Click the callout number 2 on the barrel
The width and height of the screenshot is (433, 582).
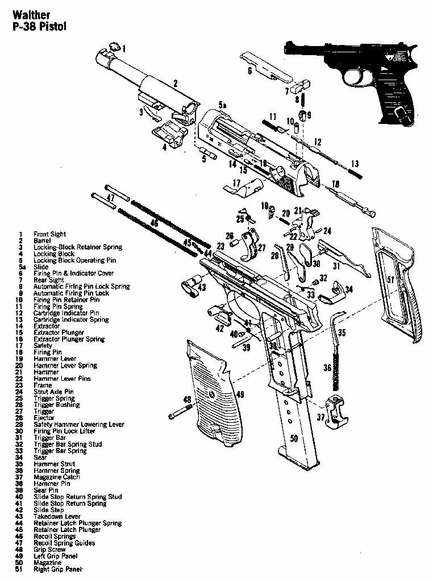coord(176,84)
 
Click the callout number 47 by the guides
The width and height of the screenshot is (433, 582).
coord(110,197)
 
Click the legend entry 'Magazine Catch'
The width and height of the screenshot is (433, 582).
coord(56,477)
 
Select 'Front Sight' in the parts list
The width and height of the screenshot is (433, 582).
coord(49,234)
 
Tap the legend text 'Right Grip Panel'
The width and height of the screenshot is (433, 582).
coord(58,569)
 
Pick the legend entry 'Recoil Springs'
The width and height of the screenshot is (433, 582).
coord(55,536)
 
